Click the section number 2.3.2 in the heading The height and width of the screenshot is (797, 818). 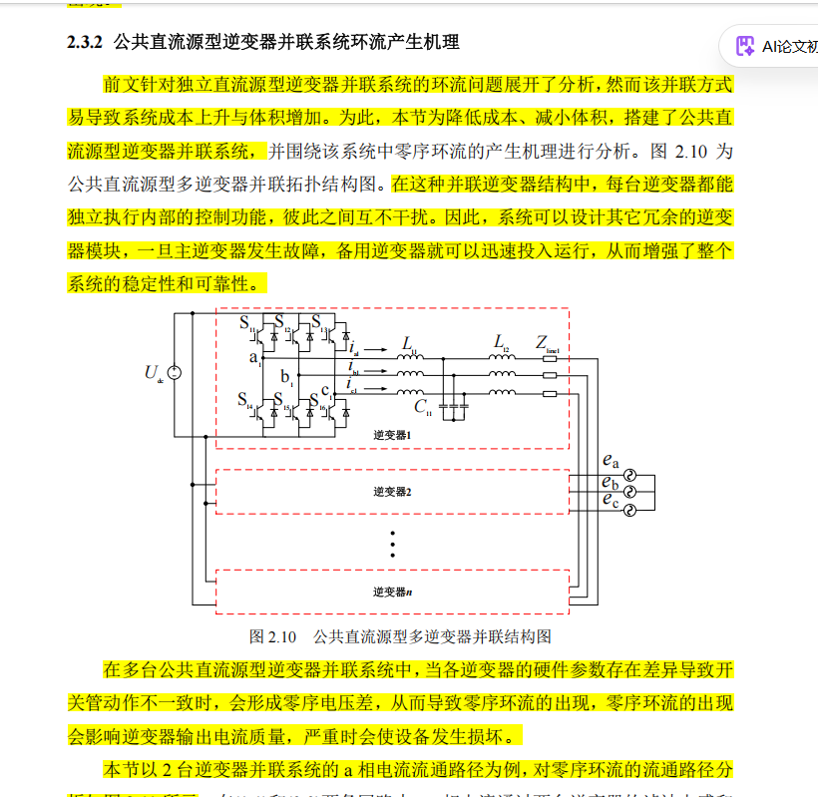tap(86, 43)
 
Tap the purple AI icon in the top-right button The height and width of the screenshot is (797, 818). tap(744, 46)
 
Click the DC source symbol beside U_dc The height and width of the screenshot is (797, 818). tap(175, 373)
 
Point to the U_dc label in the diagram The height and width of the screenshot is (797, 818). tap(154, 374)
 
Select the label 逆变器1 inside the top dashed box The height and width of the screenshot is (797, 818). tap(393, 436)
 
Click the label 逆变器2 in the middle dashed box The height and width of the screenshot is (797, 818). tap(393, 492)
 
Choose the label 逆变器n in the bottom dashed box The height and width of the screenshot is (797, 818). tap(393, 592)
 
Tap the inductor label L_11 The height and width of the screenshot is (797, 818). tap(409, 345)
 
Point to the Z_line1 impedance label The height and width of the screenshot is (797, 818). tap(548, 344)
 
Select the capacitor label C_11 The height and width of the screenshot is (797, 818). tap(423, 406)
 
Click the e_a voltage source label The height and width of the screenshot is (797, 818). tap(611, 461)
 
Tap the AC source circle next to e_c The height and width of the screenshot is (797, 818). tap(629, 508)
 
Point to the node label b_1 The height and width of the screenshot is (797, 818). tap(287, 377)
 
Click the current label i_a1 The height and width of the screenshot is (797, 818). tap(354, 348)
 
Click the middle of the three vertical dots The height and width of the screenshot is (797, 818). tap(393, 545)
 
